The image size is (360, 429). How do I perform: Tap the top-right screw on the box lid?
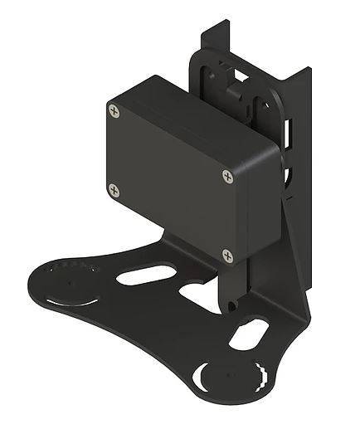[228, 175]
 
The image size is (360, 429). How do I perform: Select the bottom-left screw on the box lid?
[114, 191]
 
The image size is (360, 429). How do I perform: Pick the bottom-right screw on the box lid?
[226, 254]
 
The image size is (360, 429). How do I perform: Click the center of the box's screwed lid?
[170, 183]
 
